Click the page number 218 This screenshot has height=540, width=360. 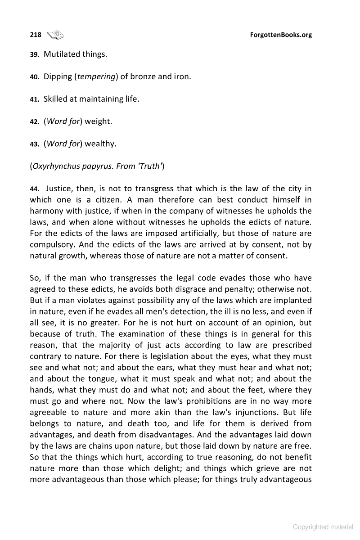tap(36, 35)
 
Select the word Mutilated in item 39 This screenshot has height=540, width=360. tap(62, 54)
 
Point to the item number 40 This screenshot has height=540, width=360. tap(35, 77)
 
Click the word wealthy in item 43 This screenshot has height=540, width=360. tap(100, 144)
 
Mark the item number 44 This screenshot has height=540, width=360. tap(35, 189)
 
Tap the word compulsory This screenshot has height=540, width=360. tap(51, 245)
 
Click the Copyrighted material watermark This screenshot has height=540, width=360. tap(323, 527)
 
